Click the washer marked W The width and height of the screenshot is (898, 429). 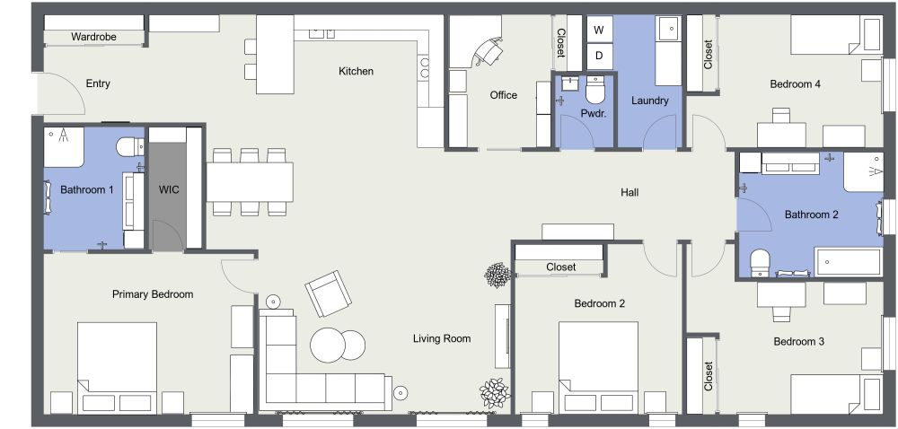coord(600,31)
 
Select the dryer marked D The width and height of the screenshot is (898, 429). coord(600,57)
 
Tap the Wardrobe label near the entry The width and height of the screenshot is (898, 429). coord(93,37)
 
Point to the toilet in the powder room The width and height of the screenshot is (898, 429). coord(595,91)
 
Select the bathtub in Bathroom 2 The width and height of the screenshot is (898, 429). coord(849,261)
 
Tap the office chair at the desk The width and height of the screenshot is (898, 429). coord(489,51)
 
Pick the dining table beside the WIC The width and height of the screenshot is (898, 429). coord(251,182)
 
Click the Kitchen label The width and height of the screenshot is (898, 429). coord(356,71)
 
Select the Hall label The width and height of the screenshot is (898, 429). coord(629,192)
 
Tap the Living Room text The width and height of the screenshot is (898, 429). coord(442,338)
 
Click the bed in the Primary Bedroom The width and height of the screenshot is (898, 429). coord(117,368)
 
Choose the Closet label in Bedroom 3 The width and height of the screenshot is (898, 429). coord(709,375)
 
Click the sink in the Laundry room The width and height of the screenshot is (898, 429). coord(668,31)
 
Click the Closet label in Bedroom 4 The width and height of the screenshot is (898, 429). coord(709,54)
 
